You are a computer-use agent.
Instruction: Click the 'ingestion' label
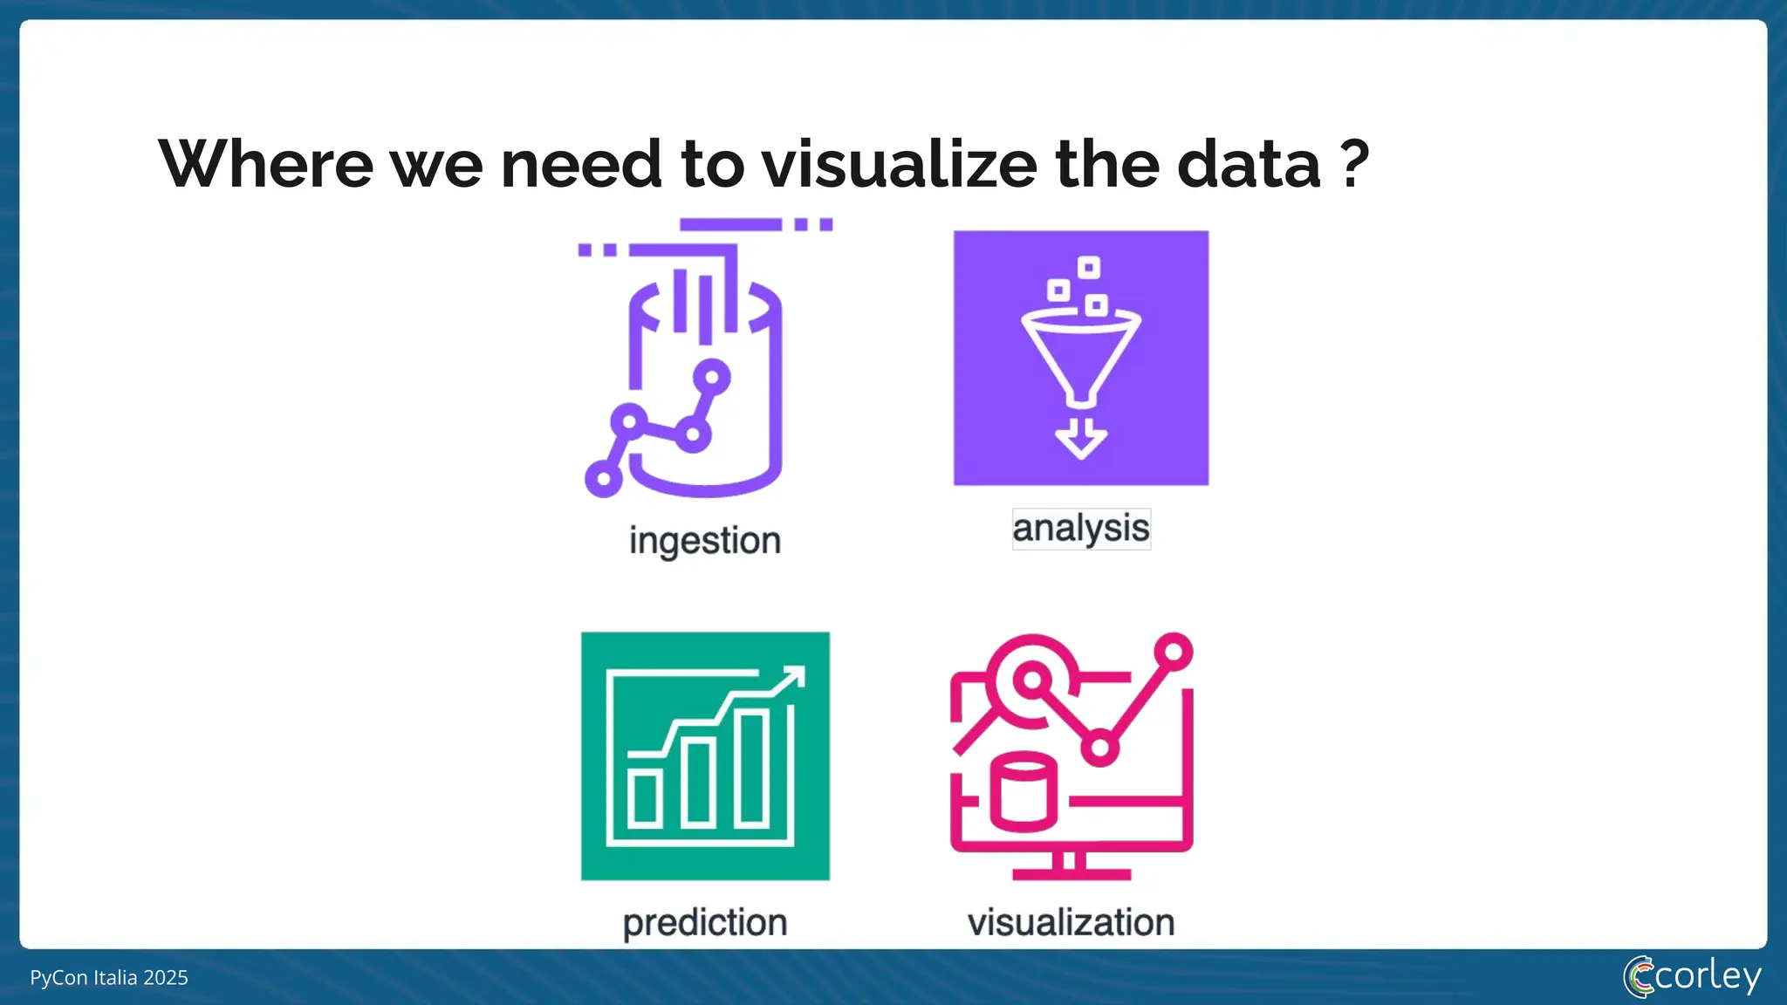pos(705,541)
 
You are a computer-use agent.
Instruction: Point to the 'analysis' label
pos(1081,529)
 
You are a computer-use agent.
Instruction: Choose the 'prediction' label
pos(705,923)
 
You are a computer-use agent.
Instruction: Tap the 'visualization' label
pos(1072,923)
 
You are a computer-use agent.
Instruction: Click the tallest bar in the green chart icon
pos(751,768)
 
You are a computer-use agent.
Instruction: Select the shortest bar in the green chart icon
pos(646,798)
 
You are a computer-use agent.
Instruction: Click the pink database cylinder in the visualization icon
pos(1024,791)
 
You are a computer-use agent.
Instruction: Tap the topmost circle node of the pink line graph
pos(1174,652)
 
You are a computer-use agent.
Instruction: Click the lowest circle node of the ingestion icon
pos(603,478)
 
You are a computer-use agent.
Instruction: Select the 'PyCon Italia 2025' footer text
pos(109,978)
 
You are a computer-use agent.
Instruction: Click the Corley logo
pos(1692,976)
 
